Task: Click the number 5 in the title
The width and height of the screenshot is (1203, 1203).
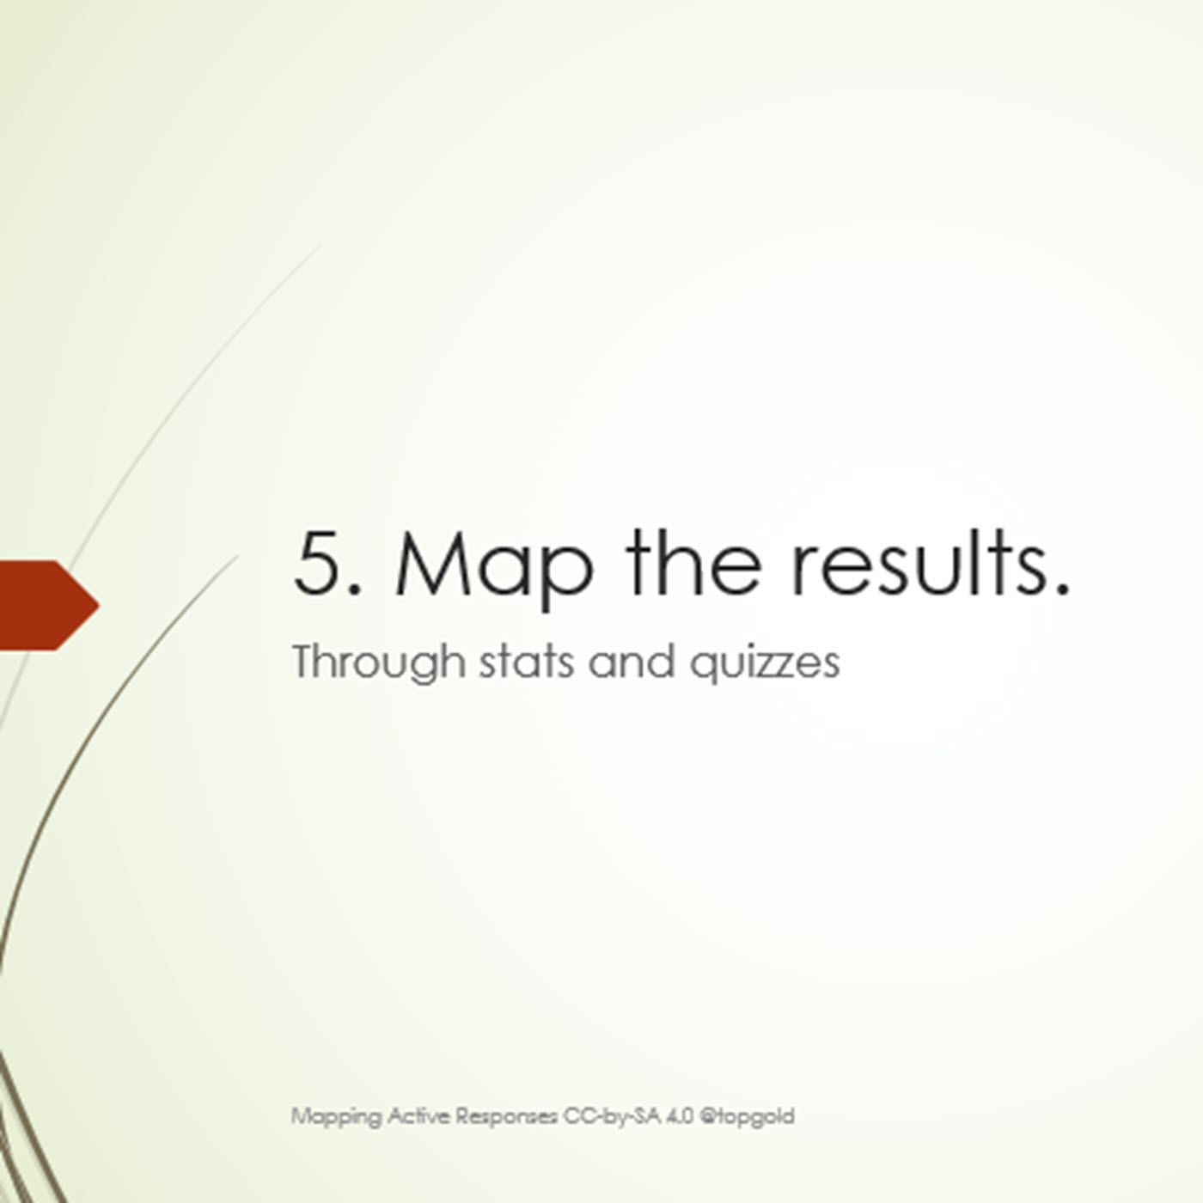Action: pyautogui.click(x=319, y=561)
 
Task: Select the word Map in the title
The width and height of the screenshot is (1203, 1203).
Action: pyautogui.click(x=493, y=570)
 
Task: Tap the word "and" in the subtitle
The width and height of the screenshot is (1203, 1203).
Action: pyautogui.click(x=632, y=661)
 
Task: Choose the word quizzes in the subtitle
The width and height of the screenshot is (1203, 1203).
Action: pyautogui.click(x=765, y=664)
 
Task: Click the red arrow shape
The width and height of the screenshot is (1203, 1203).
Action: pyautogui.click(x=46, y=606)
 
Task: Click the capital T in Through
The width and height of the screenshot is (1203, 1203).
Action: pyautogui.click(x=307, y=661)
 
